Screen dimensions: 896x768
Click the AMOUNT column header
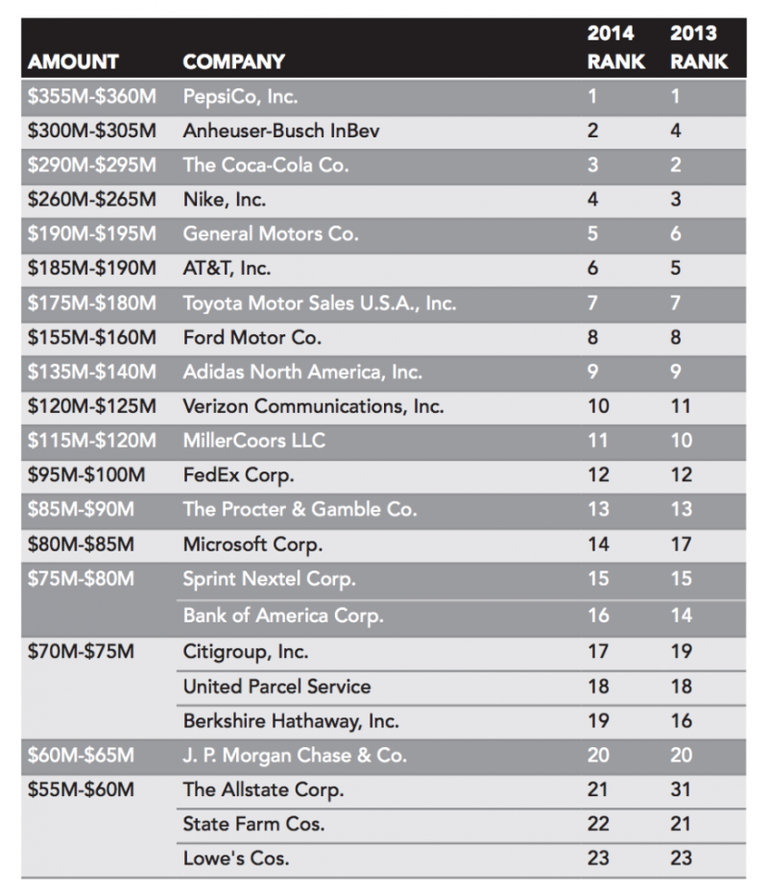click(x=73, y=61)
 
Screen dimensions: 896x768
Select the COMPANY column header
click(x=233, y=61)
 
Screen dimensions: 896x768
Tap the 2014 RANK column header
click(x=611, y=47)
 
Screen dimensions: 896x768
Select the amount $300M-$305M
click(x=92, y=131)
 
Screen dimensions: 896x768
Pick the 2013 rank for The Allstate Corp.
click(x=681, y=790)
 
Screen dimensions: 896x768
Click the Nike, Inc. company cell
click(x=225, y=200)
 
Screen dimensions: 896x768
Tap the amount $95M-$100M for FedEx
click(x=86, y=475)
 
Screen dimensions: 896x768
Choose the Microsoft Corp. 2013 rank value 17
click(x=681, y=545)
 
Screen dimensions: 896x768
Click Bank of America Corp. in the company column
click(x=283, y=616)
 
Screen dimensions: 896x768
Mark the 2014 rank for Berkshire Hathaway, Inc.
click(x=598, y=720)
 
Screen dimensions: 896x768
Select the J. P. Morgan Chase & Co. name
click(x=295, y=756)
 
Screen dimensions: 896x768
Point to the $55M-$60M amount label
click(x=81, y=790)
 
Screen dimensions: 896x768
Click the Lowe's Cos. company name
click(x=234, y=858)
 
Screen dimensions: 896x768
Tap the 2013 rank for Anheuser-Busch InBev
click(x=676, y=131)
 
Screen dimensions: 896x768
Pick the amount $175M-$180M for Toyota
click(x=92, y=303)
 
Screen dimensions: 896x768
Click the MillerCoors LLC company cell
click(x=253, y=441)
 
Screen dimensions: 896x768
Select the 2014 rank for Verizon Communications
click(x=598, y=406)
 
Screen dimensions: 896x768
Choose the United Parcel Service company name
click(x=276, y=686)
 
